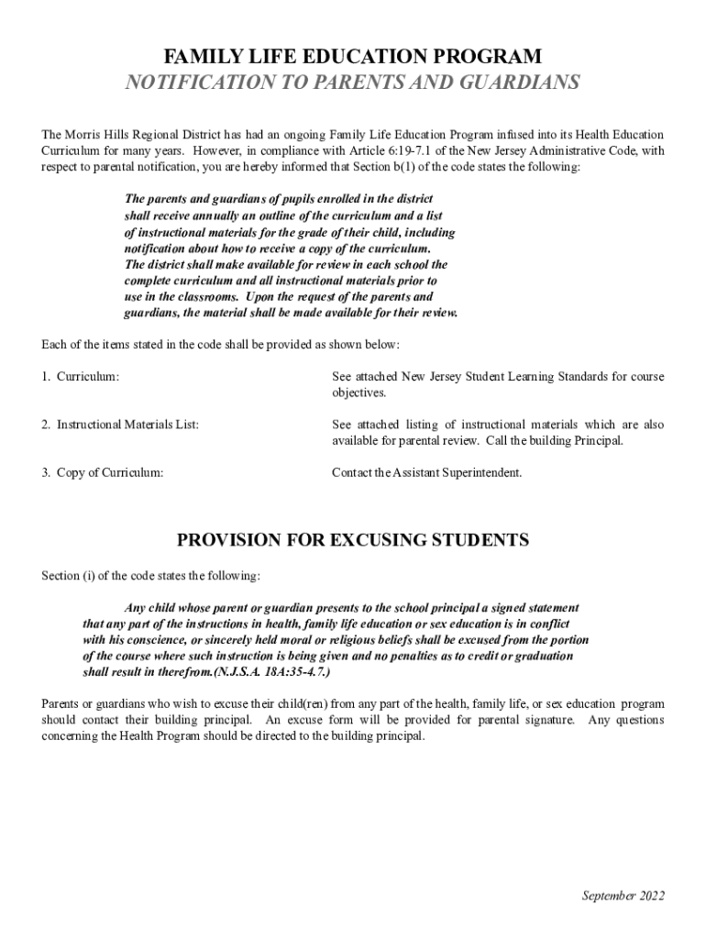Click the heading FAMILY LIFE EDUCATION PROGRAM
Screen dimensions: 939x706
[x=352, y=56]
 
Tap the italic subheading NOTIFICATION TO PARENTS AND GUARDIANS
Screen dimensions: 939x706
[x=352, y=83]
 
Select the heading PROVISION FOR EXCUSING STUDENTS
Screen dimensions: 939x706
[x=352, y=540]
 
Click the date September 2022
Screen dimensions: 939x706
[x=623, y=896]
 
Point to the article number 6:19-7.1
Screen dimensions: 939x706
[x=462, y=150]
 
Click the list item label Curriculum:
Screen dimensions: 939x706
[x=88, y=377]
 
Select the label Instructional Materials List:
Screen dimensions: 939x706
[x=127, y=425]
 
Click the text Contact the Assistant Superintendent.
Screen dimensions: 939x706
[x=427, y=473]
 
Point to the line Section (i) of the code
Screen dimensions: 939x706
[x=151, y=576]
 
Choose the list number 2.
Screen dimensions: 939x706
[x=46, y=425]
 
